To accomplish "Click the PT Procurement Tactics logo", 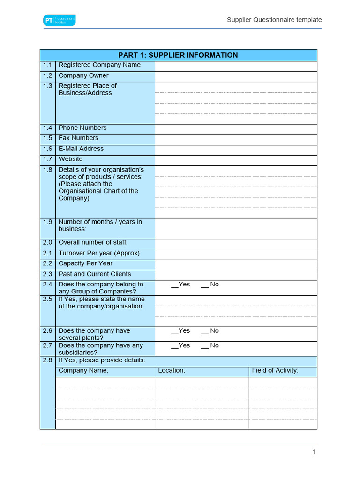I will (x=59, y=20).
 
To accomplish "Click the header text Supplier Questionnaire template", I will (x=274, y=20).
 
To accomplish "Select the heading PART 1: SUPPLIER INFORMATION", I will (x=178, y=55).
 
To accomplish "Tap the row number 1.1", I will (x=48, y=65).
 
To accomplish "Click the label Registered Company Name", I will (x=99, y=65).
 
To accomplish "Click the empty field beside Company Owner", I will (x=236, y=76).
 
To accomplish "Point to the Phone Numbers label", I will (x=82, y=128).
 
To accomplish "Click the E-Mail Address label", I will (x=81, y=149).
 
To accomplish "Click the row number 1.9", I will (x=48, y=222).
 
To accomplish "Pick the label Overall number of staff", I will (x=93, y=243).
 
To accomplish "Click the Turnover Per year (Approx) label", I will (x=99, y=253).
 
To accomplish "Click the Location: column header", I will (x=172, y=371).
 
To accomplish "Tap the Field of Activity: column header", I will (x=275, y=371).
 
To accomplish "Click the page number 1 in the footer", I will (x=314, y=452).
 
